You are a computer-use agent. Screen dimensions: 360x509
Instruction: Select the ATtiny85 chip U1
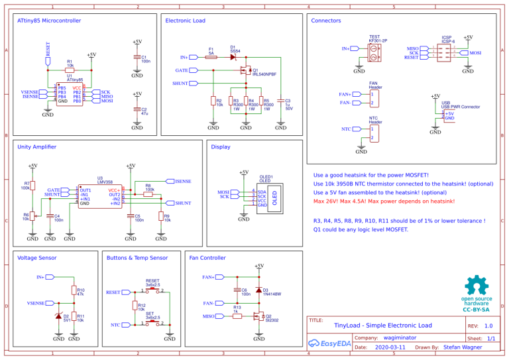tap(70, 95)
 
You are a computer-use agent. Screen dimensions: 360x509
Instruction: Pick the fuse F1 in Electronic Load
tap(211, 58)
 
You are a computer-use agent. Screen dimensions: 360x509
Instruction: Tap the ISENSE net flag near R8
tap(183, 181)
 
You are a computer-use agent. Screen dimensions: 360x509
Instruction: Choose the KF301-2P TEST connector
tap(374, 53)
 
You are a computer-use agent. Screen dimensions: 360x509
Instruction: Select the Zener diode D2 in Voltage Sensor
tap(58, 316)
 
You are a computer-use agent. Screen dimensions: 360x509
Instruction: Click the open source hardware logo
tap(476, 292)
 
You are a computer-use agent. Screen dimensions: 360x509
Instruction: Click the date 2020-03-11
tap(390, 347)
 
